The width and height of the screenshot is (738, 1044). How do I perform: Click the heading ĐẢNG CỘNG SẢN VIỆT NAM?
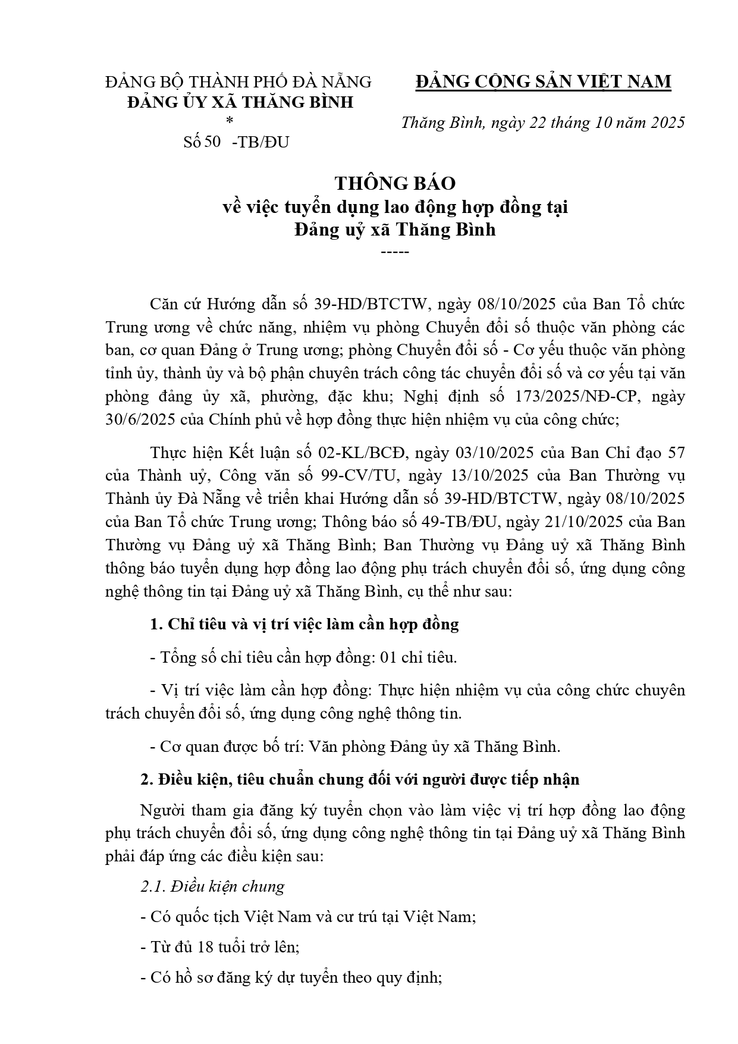click(x=543, y=81)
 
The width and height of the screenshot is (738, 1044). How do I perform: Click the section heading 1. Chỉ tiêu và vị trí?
click(x=304, y=624)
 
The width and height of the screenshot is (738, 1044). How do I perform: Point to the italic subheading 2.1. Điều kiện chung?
click(x=212, y=886)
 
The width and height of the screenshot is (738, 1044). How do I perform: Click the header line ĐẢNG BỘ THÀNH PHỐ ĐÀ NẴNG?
click(x=238, y=81)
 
